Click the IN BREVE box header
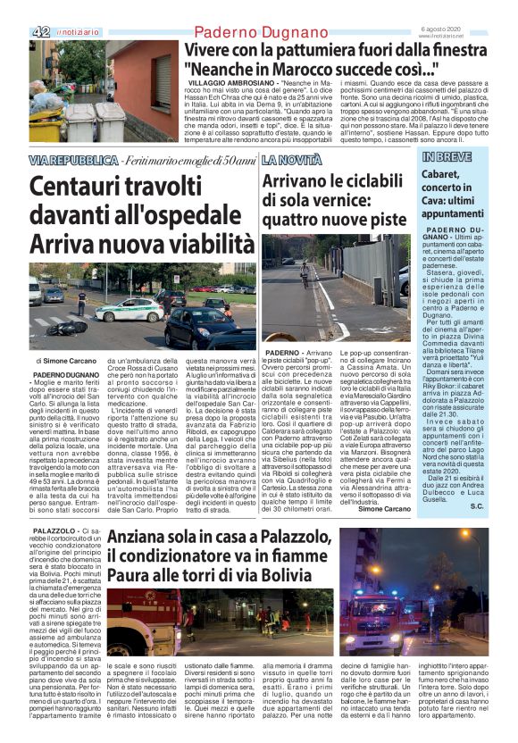447,158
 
